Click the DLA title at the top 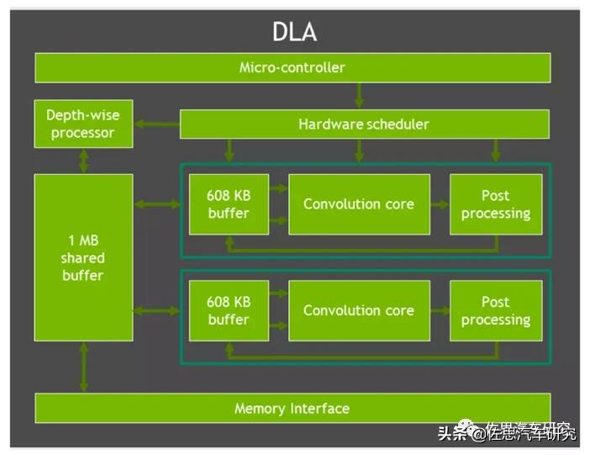(294, 32)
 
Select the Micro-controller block (292, 67)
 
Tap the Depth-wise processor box (82, 124)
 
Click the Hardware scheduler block (364, 124)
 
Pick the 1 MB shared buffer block (83, 257)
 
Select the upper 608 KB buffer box (229, 204)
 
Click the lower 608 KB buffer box (229, 310)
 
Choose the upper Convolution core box (359, 204)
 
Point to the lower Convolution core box (359, 310)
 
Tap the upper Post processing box (495, 204)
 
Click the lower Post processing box (495, 310)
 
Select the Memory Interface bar (292, 409)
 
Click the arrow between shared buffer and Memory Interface (83, 367)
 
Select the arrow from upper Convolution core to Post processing (440, 204)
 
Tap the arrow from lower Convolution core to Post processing (440, 310)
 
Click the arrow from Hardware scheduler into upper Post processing (495, 151)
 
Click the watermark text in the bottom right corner (507, 433)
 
